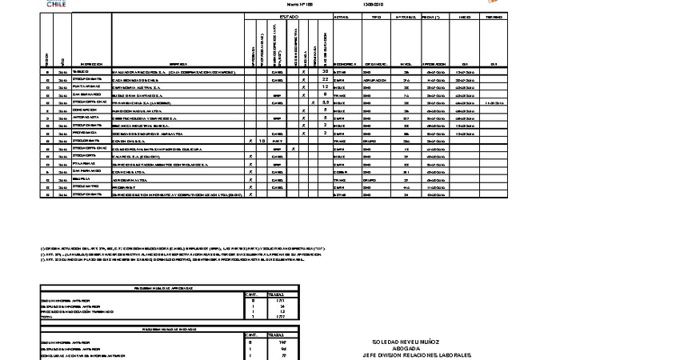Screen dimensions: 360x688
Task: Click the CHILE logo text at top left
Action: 55,4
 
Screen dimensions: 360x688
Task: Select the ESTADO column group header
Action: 289,17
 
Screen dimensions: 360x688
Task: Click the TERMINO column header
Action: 494,17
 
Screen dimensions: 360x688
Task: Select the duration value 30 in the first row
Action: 326,71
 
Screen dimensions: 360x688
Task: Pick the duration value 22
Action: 326,80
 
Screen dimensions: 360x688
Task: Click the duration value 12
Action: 326,87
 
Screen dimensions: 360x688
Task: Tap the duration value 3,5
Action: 326,102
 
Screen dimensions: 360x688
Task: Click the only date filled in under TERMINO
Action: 494,102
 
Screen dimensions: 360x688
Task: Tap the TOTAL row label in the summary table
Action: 49,318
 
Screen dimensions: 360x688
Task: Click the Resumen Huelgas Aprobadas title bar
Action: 169,288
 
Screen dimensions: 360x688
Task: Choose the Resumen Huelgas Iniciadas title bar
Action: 169,328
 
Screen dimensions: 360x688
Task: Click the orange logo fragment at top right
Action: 494,2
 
